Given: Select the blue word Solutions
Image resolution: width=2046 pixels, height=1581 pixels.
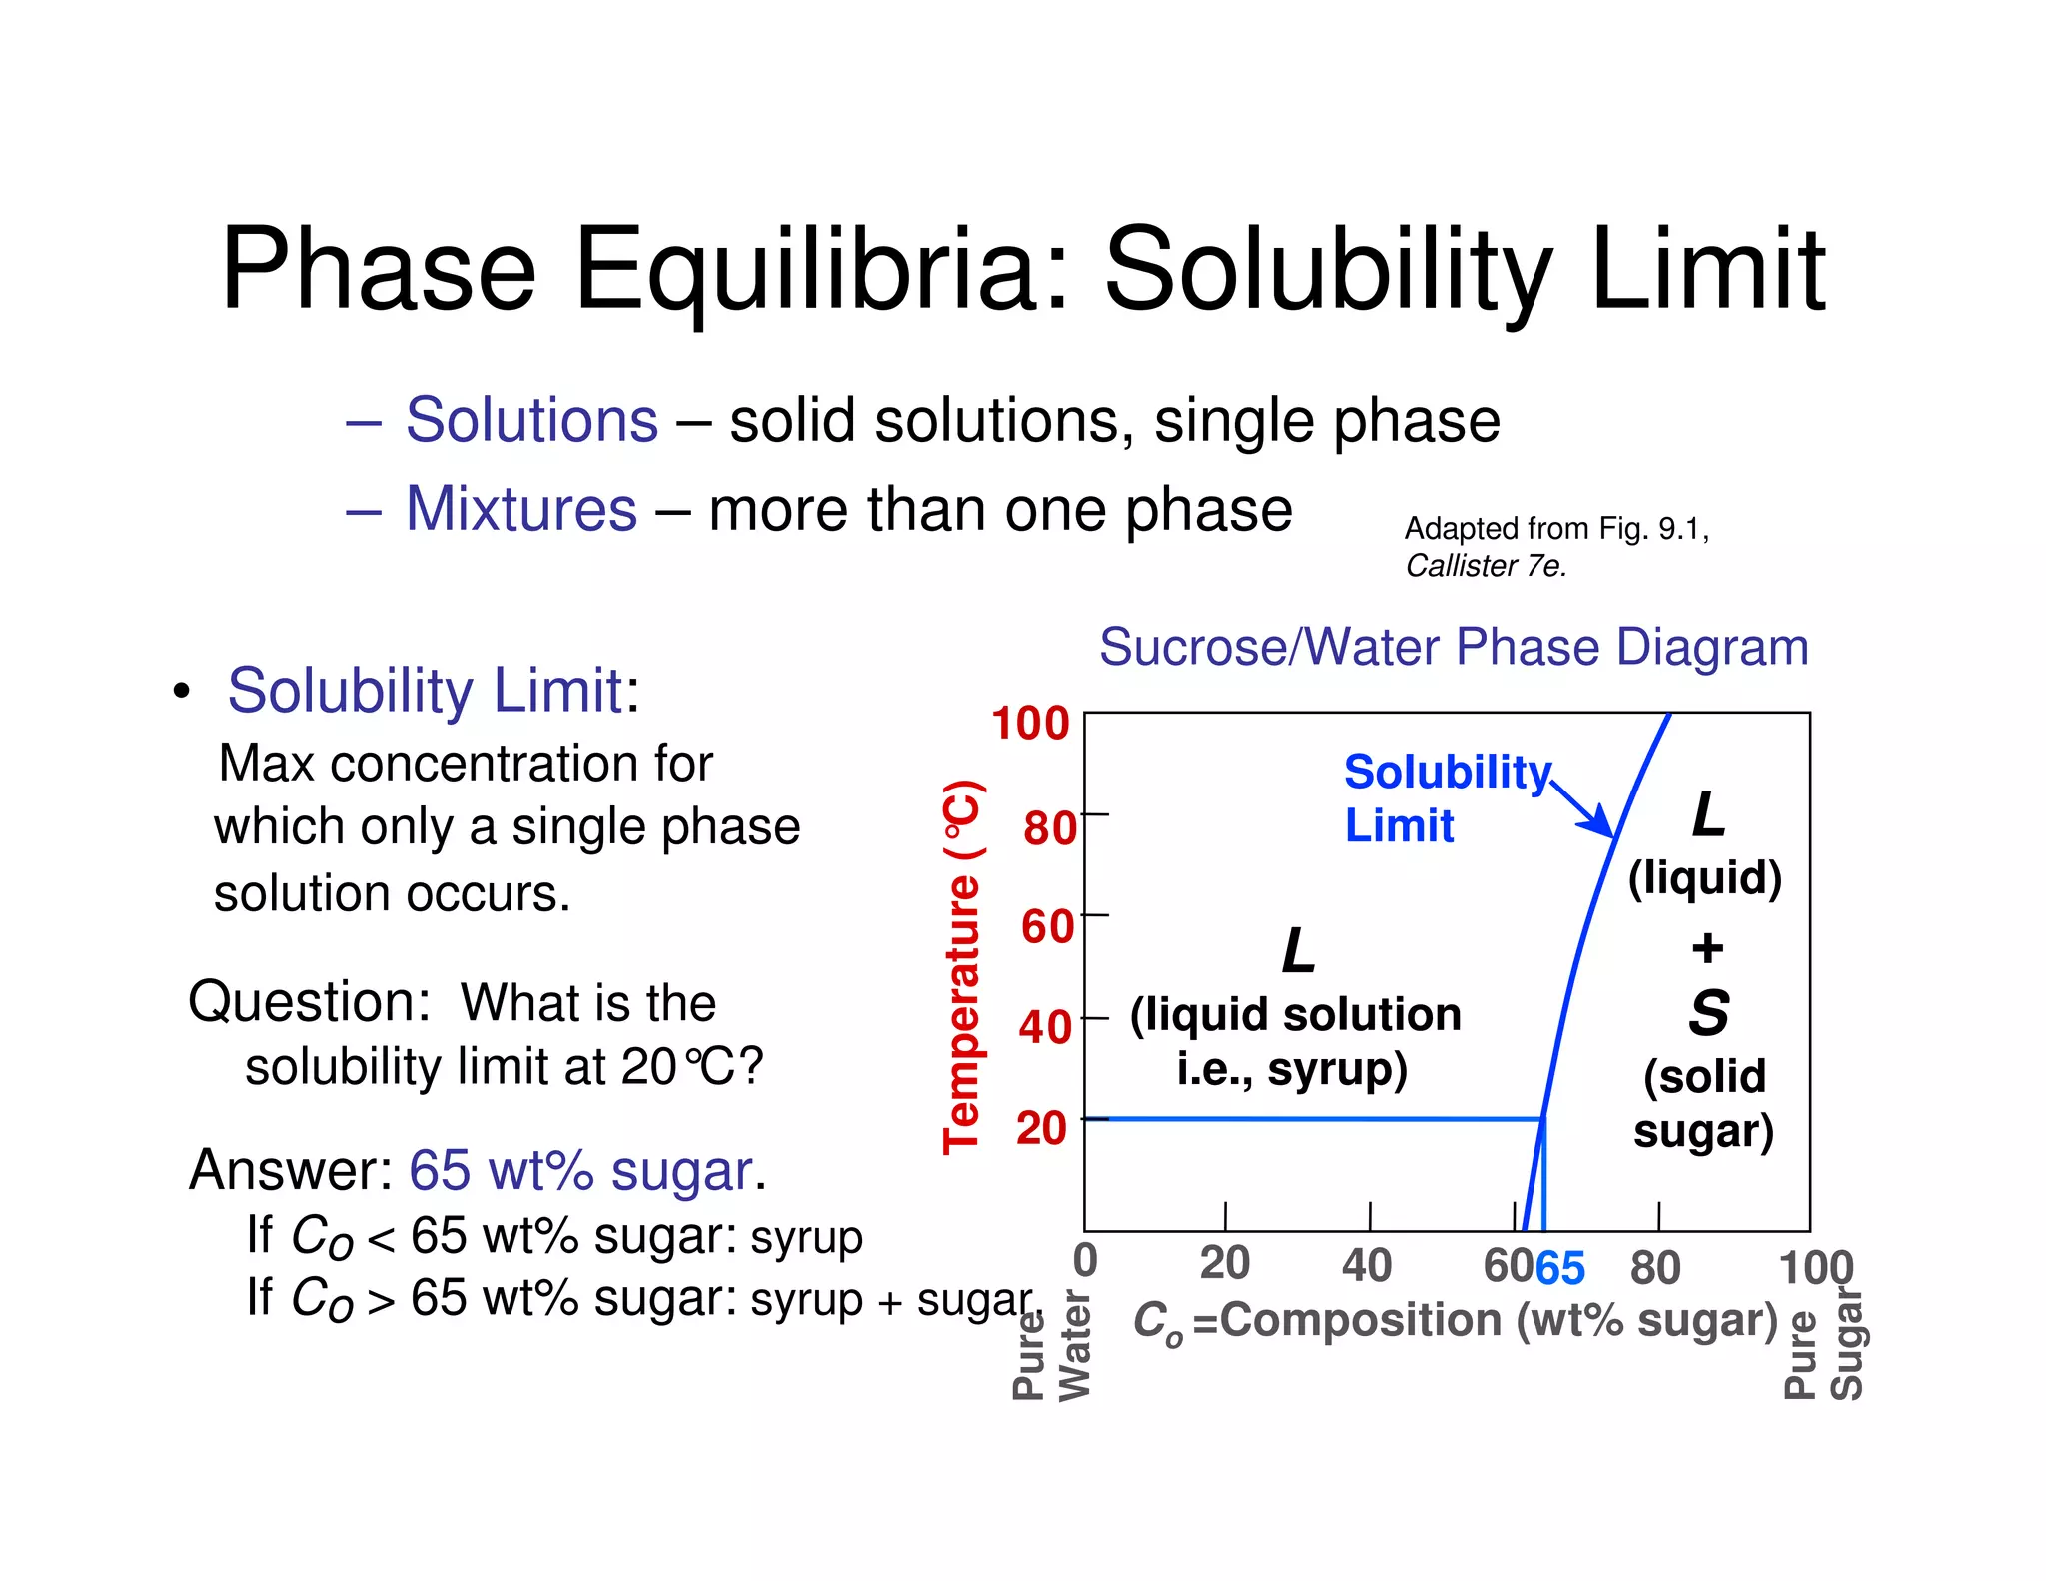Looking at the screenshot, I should pos(531,420).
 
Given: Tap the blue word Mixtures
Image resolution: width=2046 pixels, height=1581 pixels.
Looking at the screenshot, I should pos(520,509).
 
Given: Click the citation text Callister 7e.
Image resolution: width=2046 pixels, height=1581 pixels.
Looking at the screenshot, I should pos(1486,566).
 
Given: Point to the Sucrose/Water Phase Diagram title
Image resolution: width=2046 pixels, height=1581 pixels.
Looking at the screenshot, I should pos(1454,647).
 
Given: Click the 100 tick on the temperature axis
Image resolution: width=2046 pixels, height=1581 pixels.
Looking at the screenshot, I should pos(1030,724).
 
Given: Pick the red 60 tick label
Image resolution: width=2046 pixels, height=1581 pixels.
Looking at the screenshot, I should pos(1046,927).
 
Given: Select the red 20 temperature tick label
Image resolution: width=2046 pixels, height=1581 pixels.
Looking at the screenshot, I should pos(1041,1129).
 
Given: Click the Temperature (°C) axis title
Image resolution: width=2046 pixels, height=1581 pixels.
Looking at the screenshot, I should pos(962,966).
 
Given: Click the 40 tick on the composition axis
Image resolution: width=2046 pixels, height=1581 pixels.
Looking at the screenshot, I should pos(1366,1265).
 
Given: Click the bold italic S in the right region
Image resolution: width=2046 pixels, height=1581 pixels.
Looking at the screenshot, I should pos(1708,1013).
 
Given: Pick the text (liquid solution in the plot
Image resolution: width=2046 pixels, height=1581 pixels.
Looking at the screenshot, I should pos(1295,1015).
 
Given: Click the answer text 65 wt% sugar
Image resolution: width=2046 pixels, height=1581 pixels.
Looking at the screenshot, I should pos(580,1170).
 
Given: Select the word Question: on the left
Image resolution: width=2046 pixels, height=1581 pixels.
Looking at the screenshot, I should pos(309,1002).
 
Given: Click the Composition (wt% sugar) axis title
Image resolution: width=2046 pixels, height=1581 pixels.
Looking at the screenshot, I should pos(1499,1321).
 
